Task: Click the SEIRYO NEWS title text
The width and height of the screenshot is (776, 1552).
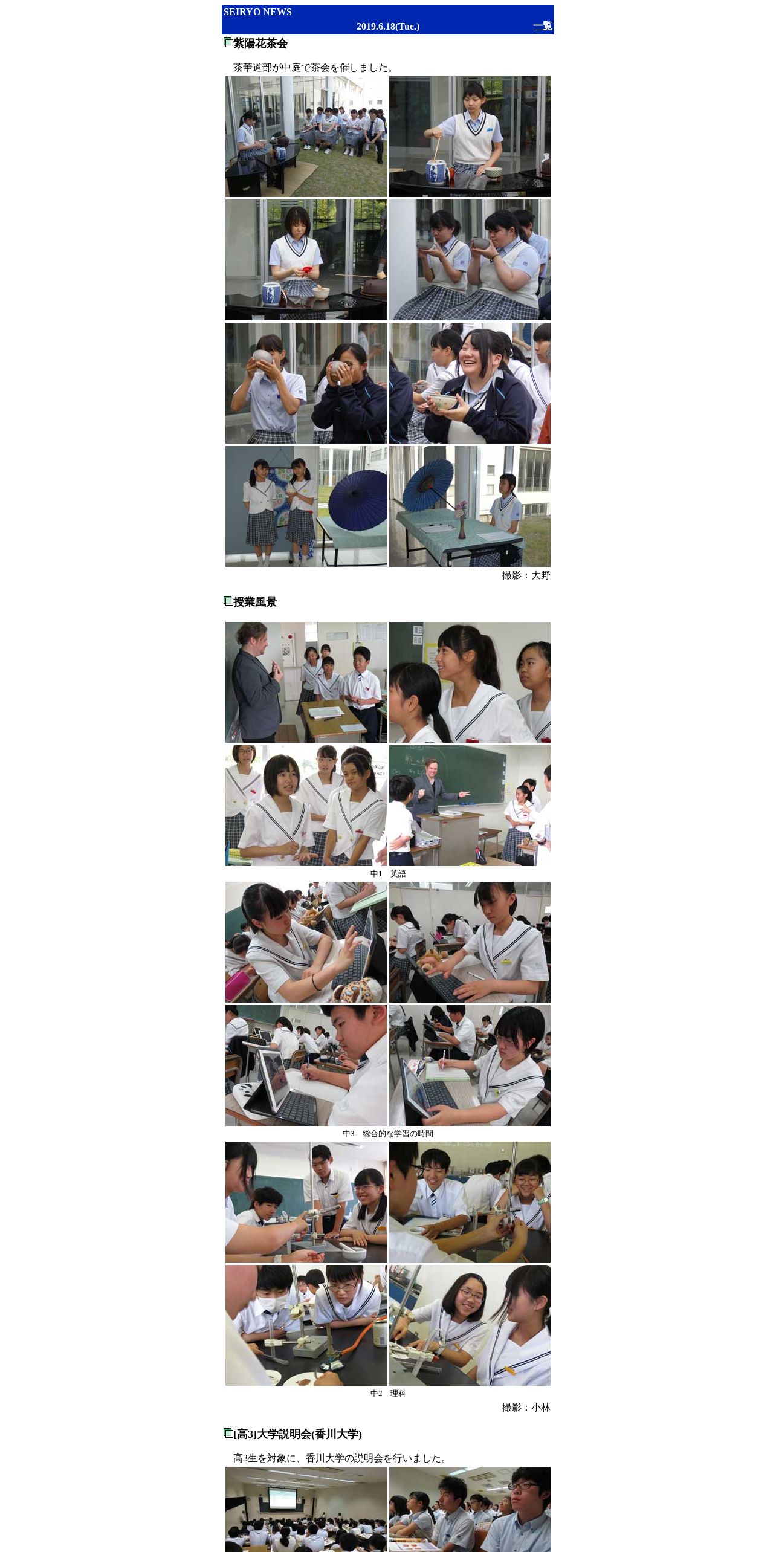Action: pyautogui.click(x=257, y=12)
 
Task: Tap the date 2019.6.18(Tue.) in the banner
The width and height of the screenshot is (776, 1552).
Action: pyautogui.click(x=388, y=27)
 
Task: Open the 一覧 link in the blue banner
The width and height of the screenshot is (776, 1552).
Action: pyautogui.click(x=543, y=26)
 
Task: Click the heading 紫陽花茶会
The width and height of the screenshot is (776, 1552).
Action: pyautogui.click(x=260, y=44)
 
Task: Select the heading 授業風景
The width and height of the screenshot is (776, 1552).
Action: pyautogui.click(x=255, y=602)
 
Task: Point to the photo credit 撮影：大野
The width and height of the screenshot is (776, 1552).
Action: pyautogui.click(x=526, y=575)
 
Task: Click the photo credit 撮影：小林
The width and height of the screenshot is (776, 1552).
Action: pyautogui.click(x=526, y=1408)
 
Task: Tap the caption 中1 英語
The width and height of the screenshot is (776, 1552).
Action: pyautogui.click(x=388, y=874)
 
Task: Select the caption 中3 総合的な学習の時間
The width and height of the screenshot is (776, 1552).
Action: pyautogui.click(x=388, y=1134)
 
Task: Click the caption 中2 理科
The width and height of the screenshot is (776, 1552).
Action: pyautogui.click(x=388, y=1394)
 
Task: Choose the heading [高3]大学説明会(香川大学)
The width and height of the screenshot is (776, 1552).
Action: pyautogui.click(x=297, y=1434)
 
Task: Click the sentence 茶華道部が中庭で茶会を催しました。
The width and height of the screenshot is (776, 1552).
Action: pyautogui.click(x=315, y=68)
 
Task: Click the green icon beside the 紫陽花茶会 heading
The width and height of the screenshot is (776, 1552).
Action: pyautogui.click(x=228, y=42)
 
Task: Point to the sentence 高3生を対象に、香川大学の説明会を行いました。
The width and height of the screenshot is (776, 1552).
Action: pyautogui.click(x=342, y=1458)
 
